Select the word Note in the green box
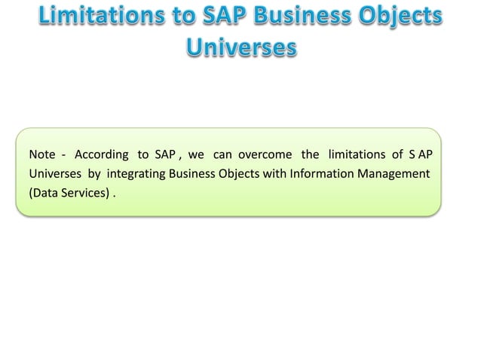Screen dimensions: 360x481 pyautogui.click(x=41, y=155)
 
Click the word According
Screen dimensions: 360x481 pyautogui.click(x=100, y=155)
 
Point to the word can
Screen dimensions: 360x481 pyautogui.click(x=222, y=155)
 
